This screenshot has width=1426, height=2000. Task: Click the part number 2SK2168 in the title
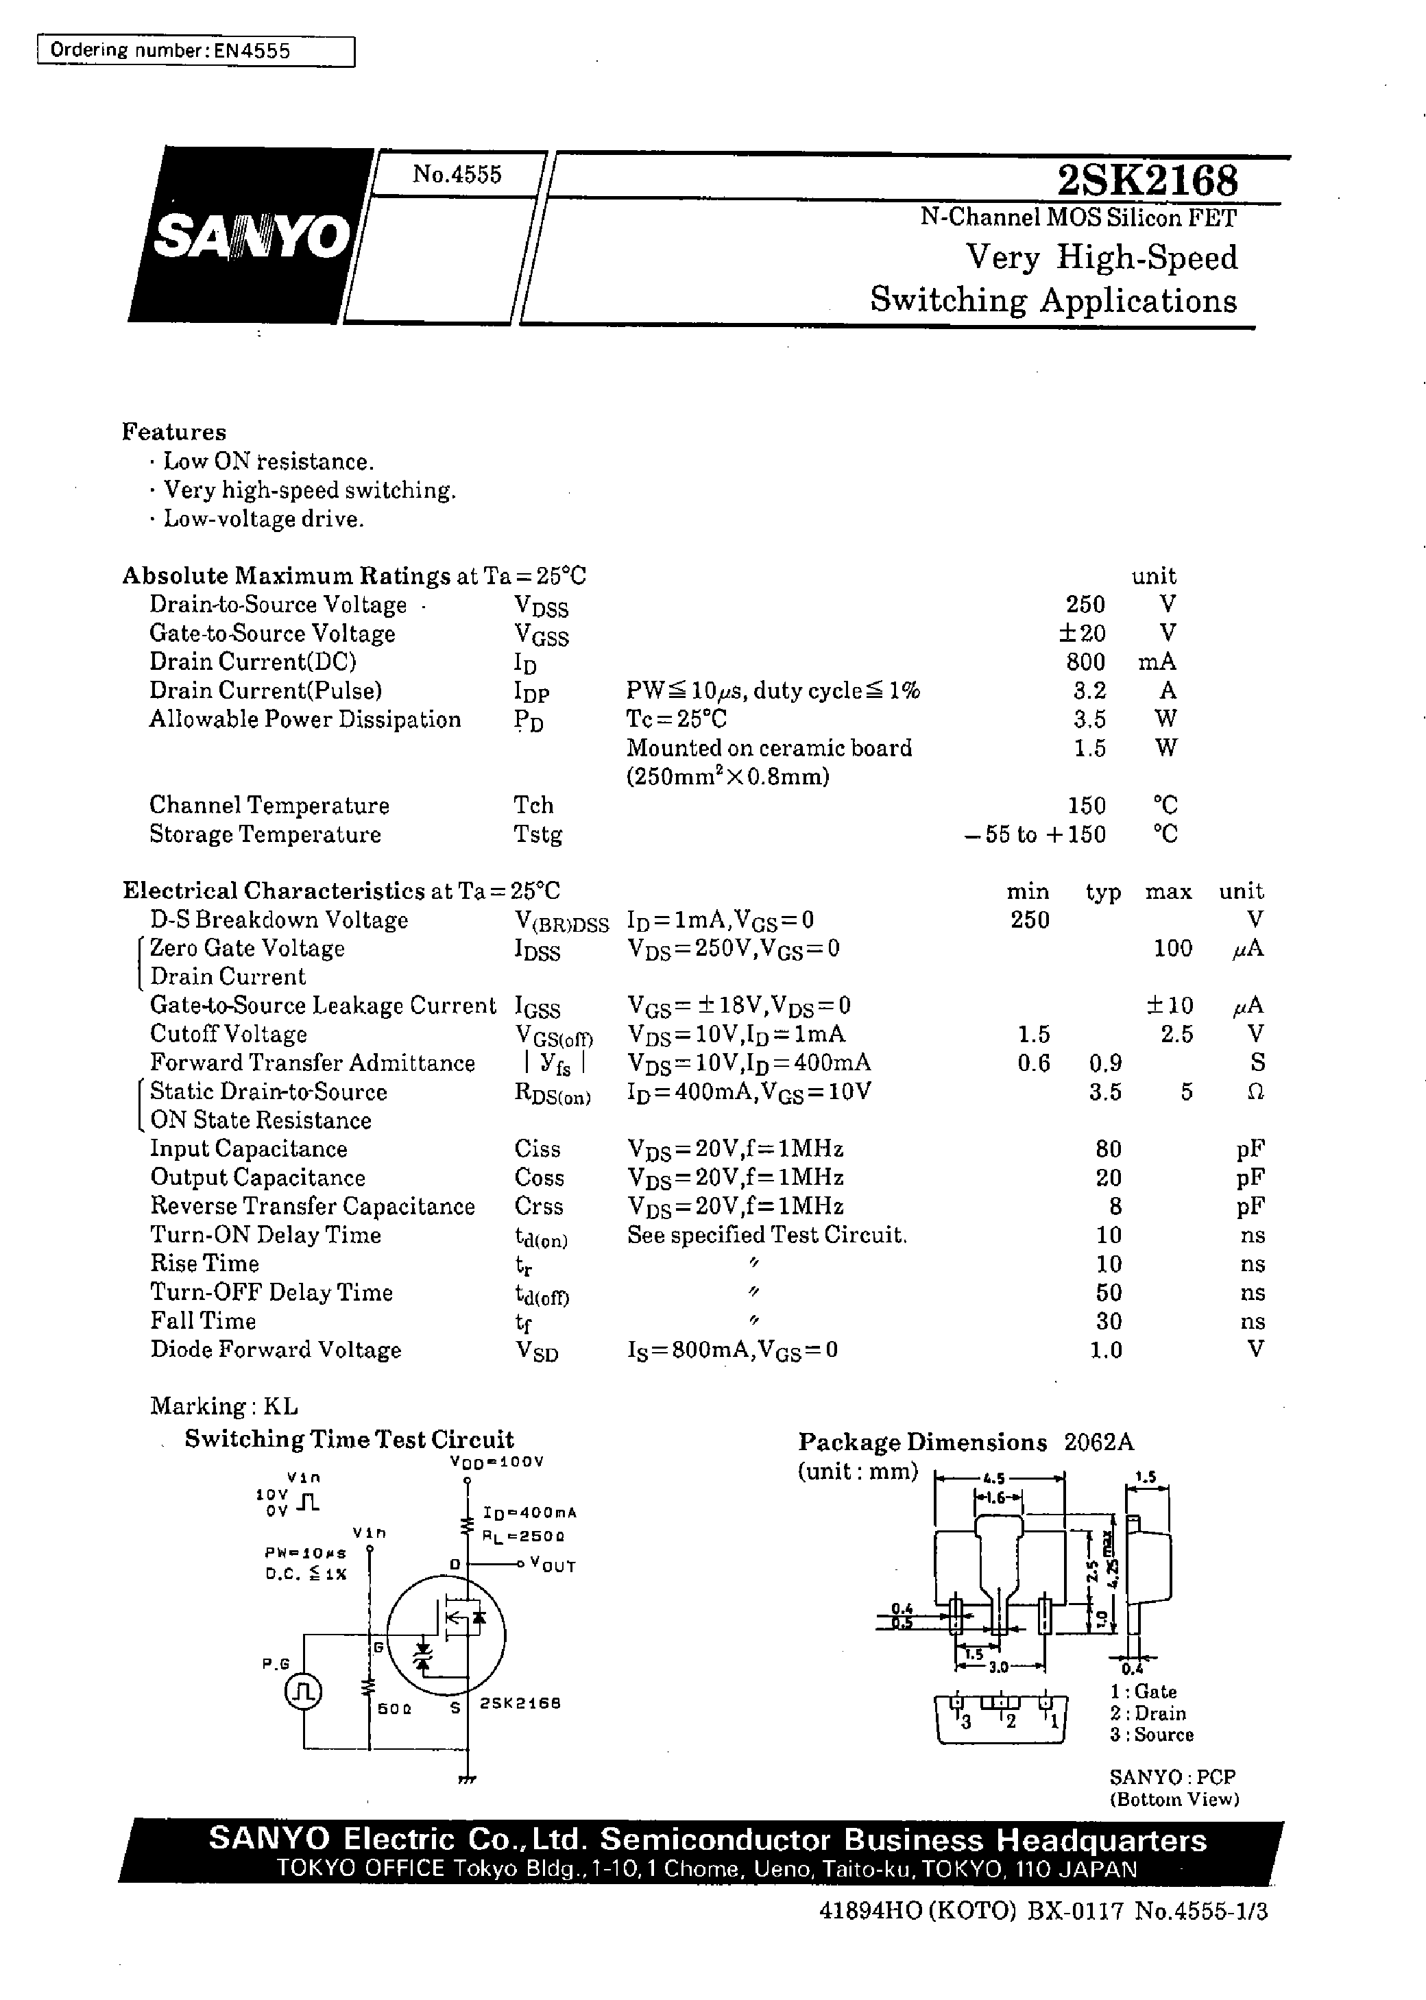click(1148, 181)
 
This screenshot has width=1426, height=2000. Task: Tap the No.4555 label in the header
click(457, 174)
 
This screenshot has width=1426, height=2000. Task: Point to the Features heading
click(174, 432)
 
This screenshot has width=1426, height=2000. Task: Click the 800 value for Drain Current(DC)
click(1085, 661)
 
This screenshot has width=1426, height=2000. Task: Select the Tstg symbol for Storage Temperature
click(537, 834)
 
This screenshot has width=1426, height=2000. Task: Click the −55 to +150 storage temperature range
click(1035, 834)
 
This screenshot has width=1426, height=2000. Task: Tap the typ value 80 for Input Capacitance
click(1108, 1148)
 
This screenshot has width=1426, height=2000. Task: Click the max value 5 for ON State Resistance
click(1185, 1092)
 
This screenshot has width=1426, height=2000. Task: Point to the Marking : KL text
click(224, 1406)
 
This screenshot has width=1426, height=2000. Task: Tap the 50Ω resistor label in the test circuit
click(394, 1709)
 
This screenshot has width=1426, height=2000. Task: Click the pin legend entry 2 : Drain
click(1148, 1713)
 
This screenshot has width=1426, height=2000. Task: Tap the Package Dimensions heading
click(922, 1443)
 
